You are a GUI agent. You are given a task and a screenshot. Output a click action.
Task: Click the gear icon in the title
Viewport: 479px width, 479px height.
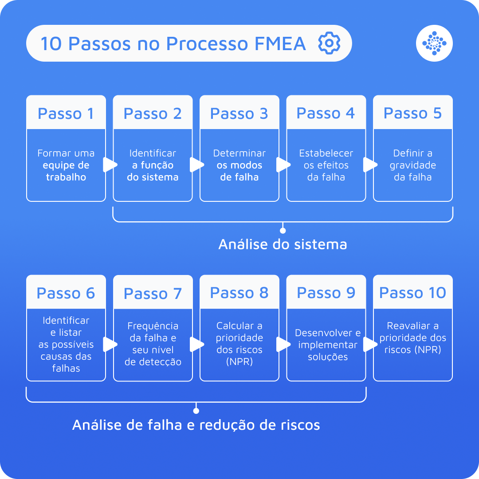[x=329, y=43]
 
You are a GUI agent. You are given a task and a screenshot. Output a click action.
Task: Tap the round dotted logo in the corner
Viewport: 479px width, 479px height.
[x=434, y=43]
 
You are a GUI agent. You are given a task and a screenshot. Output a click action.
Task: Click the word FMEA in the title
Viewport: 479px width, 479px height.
[x=280, y=43]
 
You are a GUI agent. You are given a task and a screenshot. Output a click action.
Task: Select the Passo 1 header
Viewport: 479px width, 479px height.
[x=66, y=113]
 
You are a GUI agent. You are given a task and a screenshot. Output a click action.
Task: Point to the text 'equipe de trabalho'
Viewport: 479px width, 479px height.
[x=66, y=171]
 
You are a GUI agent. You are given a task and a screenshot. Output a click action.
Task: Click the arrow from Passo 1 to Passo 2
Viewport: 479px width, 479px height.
[x=109, y=165]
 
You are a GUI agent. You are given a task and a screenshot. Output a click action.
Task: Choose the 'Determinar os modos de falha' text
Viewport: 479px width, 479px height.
[x=239, y=165]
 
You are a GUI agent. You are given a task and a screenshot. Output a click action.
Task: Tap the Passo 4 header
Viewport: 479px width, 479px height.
[x=326, y=113]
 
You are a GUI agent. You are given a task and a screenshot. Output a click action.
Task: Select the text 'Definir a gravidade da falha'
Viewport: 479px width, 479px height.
[x=413, y=165]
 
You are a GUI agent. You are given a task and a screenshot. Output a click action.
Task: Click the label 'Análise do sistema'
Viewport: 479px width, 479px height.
[x=283, y=244]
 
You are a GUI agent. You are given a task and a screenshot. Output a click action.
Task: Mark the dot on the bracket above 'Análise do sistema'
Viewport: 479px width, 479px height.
[x=283, y=231]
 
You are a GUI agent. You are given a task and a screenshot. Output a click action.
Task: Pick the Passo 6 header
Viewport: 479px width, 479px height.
[x=66, y=293]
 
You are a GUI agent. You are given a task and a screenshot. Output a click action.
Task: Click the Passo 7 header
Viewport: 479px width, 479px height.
[x=153, y=293]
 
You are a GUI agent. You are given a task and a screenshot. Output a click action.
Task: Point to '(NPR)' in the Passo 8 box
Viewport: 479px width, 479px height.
[x=239, y=361]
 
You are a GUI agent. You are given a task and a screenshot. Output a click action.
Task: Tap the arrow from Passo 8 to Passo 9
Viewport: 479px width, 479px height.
[x=283, y=345]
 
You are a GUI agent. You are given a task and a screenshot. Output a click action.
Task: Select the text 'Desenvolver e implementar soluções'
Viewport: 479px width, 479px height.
[x=328, y=345]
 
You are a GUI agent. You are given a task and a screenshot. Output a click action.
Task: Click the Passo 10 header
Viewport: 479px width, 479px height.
[x=413, y=293]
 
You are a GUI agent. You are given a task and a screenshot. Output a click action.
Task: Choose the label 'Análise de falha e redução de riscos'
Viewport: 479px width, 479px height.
[x=196, y=425]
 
